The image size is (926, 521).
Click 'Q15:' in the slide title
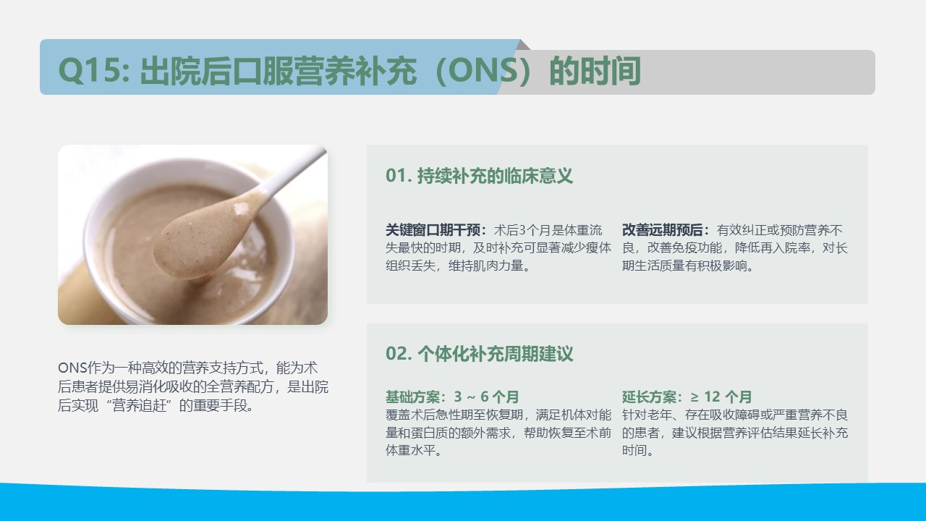click(x=94, y=71)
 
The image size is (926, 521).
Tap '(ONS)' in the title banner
click(x=483, y=71)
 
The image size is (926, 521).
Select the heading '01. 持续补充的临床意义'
click(x=479, y=176)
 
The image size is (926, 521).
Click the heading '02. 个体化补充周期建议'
click(x=479, y=354)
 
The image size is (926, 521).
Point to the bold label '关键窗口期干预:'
click(x=436, y=230)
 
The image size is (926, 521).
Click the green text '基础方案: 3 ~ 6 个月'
click(x=452, y=397)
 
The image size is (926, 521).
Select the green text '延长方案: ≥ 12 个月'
click(x=687, y=397)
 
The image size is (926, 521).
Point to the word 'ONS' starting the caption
click(x=72, y=368)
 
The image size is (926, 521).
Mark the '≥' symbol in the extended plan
click(x=694, y=397)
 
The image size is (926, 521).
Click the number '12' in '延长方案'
click(x=713, y=397)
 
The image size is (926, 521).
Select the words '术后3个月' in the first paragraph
click(x=523, y=230)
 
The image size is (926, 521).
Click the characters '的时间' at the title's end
click(x=595, y=71)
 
